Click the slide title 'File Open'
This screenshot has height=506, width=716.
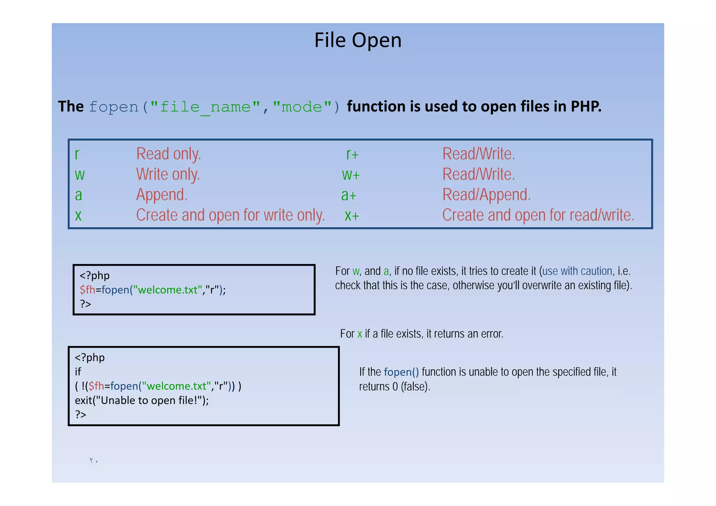358,40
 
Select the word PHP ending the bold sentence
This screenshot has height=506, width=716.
586,106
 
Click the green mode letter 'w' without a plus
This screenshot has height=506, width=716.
80,174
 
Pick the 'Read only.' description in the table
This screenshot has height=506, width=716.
169,154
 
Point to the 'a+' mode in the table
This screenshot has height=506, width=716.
349,195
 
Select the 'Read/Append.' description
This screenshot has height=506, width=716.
486,195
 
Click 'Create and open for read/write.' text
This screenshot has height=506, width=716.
538,215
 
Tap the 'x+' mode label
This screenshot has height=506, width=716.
351,215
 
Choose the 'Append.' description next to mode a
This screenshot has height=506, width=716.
162,195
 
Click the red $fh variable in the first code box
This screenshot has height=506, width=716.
87,290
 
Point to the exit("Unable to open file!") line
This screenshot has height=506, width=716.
142,400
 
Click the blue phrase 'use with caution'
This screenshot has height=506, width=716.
577,271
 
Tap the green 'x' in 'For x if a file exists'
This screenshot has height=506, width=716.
359,334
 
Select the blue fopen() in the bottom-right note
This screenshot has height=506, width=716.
401,372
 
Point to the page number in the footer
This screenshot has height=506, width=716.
94,461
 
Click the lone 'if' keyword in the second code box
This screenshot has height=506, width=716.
78,372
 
